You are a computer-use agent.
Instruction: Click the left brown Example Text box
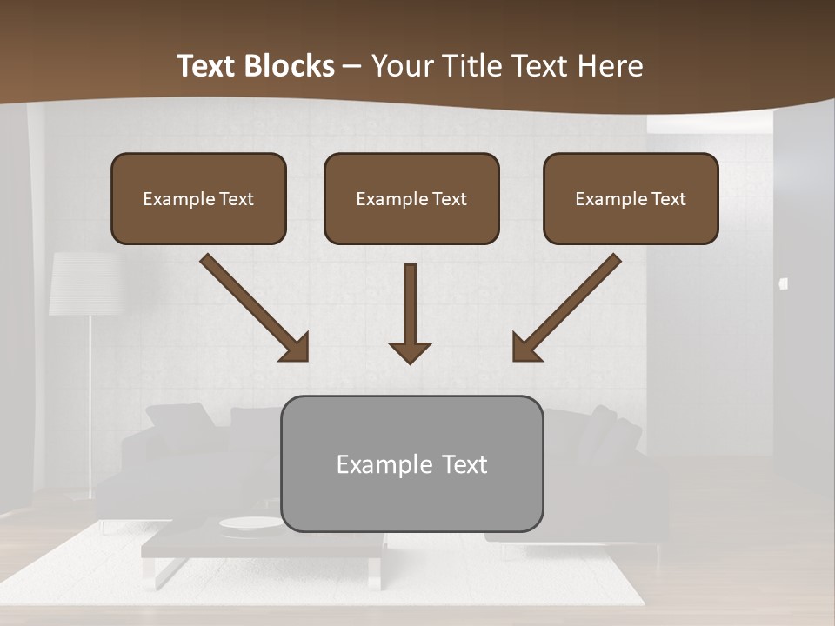198,198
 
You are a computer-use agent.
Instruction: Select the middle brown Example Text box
411,198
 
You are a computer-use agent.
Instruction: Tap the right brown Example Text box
631,198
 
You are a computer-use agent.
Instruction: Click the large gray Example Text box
412,463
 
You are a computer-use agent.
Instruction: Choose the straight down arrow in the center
410,313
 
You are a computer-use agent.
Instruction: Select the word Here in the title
613,66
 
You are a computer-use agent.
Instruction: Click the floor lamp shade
84,283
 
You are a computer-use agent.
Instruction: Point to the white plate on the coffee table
250,523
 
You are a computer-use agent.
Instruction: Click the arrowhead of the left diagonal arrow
296,348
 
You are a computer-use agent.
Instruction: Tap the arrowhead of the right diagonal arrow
525,348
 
